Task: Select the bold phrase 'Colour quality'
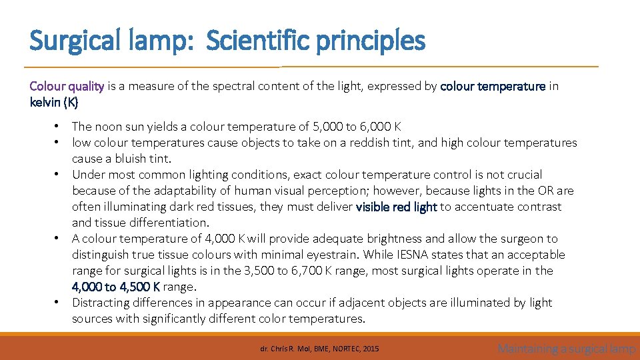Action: point(67,86)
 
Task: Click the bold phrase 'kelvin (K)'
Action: point(54,102)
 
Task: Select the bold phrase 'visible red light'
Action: point(397,207)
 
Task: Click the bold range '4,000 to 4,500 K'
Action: point(116,287)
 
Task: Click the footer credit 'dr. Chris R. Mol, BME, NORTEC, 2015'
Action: point(319,348)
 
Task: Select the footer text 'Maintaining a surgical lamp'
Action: point(567,348)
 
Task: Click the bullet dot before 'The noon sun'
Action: point(58,126)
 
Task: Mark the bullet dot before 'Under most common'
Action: point(58,174)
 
